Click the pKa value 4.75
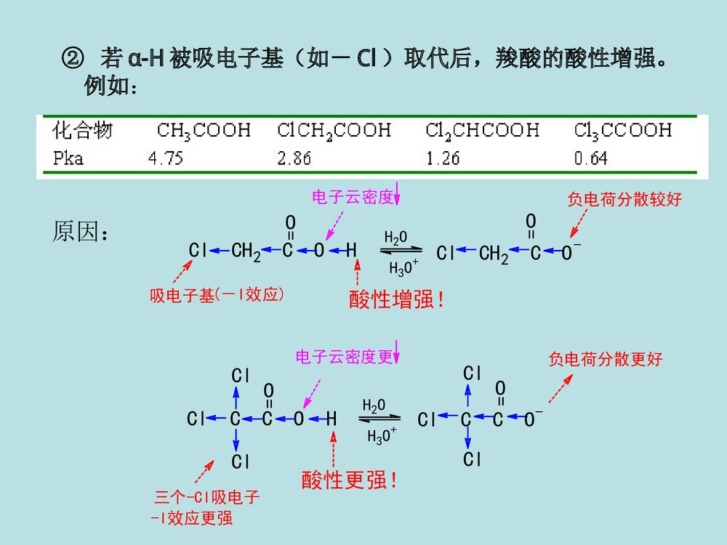click(x=166, y=158)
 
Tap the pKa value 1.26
click(x=443, y=158)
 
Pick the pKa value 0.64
click(x=591, y=158)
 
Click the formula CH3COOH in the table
click(x=204, y=131)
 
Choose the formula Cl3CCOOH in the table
click(x=623, y=131)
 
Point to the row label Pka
click(x=68, y=158)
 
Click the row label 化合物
click(x=82, y=131)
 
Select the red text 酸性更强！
click(x=350, y=480)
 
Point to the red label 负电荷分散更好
click(x=606, y=359)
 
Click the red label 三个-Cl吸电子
click(x=206, y=498)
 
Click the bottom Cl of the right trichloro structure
click(x=473, y=459)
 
